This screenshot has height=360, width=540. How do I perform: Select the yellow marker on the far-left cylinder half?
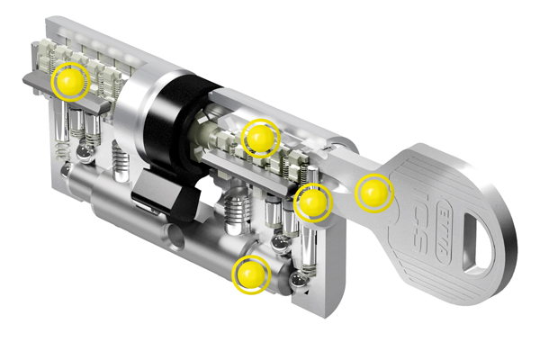(x=70, y=82)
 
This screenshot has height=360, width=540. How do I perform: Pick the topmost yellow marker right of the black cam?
(x=260, y=138)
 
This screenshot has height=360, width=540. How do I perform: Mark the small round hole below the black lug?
(x=172, y=240)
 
